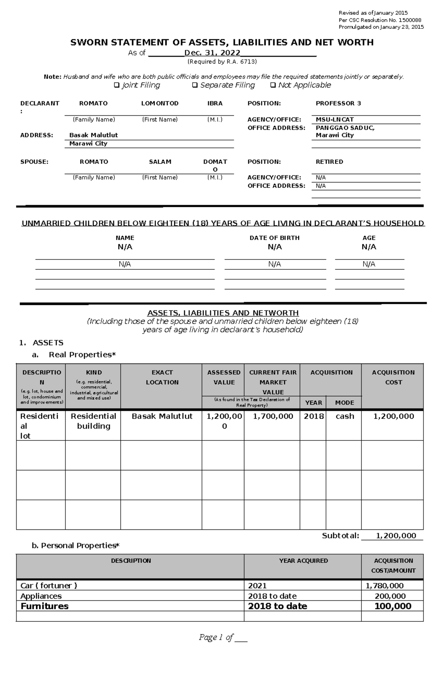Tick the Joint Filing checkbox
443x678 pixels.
(117, 85)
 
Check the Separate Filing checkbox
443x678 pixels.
(195, 85)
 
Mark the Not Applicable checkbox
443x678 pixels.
(273, 85)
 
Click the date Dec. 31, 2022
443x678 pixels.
(212, 53)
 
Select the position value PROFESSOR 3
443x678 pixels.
(338, 103)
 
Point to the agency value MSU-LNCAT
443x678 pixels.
(334, 120)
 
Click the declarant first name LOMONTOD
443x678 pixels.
(160, 103)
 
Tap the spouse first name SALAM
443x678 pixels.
(160, 162)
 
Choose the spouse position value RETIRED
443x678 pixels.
(329, 162)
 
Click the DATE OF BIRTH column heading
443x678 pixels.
(275, 238)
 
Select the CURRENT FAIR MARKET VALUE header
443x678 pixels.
(273, 382)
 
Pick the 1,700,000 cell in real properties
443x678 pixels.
(273, 416)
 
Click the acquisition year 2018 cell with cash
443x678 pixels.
(313, 416)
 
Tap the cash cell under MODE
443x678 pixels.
(345, 416)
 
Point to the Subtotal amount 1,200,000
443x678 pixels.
(396, 536)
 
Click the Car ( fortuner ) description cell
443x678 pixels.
(49, 586)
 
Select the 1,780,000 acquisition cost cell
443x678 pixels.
(385, 586)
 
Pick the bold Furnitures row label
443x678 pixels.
(45, 606)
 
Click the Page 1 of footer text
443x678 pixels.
(216, 637)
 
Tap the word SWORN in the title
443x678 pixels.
(89, 42)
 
